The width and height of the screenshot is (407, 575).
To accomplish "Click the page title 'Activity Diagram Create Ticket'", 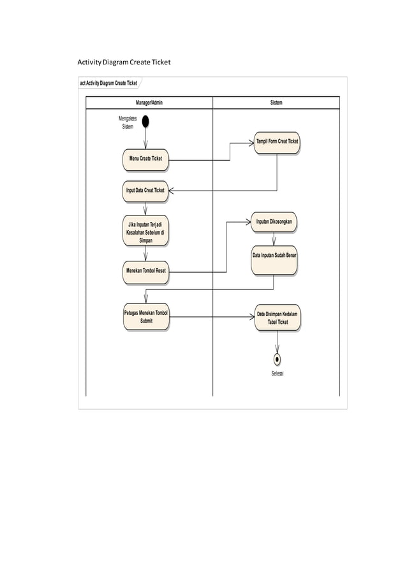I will point(124,62).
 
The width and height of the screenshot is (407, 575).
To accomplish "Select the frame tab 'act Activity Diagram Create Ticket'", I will point(108,83).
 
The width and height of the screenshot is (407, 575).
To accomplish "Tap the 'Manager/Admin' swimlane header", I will point(149,103).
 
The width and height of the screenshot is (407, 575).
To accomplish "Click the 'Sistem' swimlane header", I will point(276,103).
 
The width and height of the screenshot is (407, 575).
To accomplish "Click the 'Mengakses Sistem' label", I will point(128,122).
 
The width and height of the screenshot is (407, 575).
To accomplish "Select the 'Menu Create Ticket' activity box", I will point(145,159).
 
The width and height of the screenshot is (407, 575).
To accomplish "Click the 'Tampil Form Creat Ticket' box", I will point(277,142).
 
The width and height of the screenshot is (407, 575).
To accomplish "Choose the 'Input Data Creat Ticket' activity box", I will point(145,191).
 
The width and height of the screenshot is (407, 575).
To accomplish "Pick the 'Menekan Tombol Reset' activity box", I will point(145,271).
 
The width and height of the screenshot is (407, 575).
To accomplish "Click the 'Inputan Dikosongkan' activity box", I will point(274,222).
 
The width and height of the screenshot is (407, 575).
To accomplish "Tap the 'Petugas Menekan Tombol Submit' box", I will point(145,317).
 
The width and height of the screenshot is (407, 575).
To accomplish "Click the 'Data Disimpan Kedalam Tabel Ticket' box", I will point(277,318).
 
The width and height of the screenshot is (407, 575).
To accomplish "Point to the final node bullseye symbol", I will point(277,359).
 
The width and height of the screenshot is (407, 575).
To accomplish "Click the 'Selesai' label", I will point(277,374).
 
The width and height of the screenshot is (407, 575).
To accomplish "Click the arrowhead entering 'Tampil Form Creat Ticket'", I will point(250,143).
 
